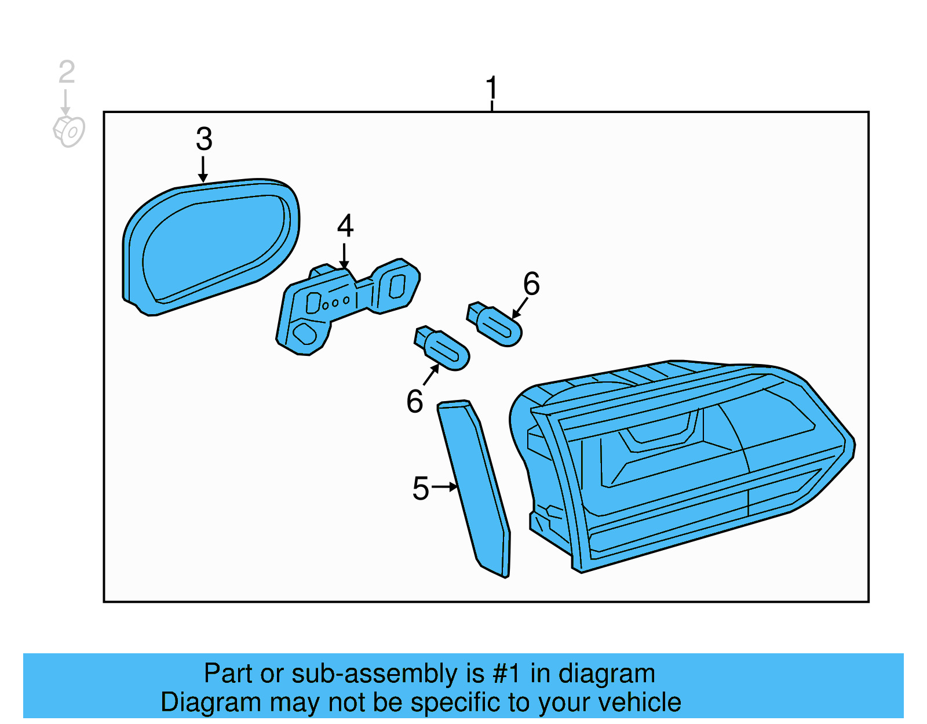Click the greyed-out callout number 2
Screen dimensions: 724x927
click(67, 72)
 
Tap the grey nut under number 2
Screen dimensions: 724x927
click(69, 131)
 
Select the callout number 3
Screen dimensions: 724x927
click(204, 139)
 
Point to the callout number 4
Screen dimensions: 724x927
click(345, 226)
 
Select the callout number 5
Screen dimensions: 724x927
click(421, 488)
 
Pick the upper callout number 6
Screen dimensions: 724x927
click(531, 284)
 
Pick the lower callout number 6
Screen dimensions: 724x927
click(415, 401)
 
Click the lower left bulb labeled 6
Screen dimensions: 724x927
click(444, 348)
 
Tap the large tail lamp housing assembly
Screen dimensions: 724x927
click(684, 464)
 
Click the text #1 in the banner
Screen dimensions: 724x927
click(507, 674)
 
